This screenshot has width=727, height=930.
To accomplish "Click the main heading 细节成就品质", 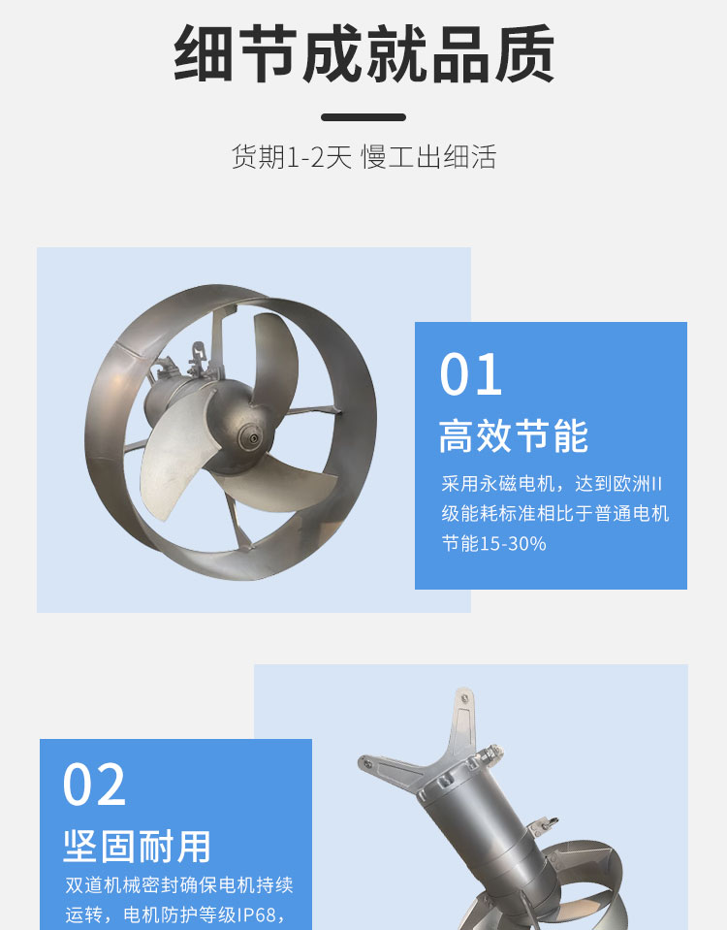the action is click(x=363, y=53).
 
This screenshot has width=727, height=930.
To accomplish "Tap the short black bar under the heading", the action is click(x=363, y=117).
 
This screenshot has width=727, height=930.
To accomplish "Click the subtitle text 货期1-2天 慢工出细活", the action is click(x=363, y=157).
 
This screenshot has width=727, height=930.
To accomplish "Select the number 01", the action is click(x=471, y=374).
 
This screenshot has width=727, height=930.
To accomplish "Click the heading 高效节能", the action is click(x=514, y=436).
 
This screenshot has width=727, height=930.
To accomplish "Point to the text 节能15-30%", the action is click(x=494, y=543).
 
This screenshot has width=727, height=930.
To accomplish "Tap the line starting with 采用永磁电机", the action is click(x=552, y=484).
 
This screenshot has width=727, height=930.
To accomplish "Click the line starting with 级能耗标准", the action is click(x=555, y=513).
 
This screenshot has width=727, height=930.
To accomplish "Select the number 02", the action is click(x=94, y=785).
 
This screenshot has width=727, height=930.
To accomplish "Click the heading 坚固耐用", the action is click(x=137, y=847).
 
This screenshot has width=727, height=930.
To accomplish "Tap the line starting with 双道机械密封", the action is click(x=179, y=885).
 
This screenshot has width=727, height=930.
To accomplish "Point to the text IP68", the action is click(x=257, y=914).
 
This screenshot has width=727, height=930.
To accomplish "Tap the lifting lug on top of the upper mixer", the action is click(x=197, y=355).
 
